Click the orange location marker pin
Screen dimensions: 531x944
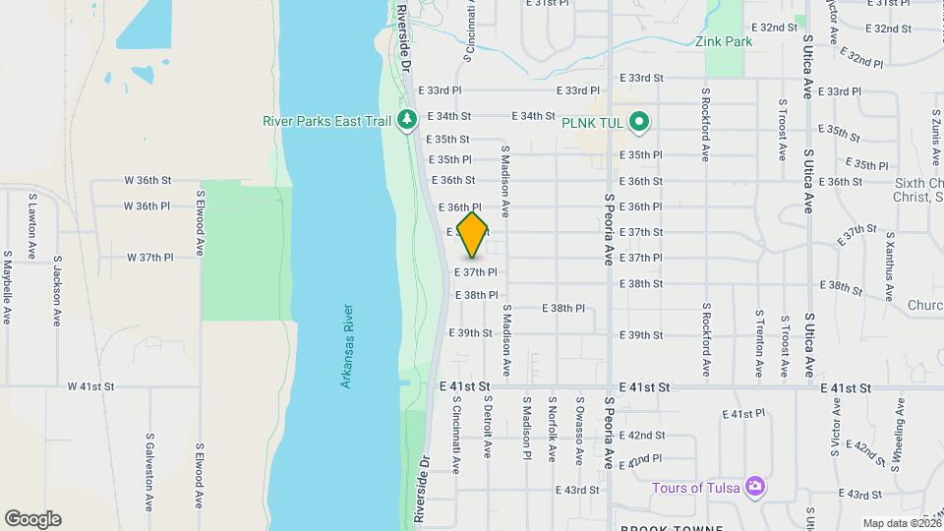(473, 234)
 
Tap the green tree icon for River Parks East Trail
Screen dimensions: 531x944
(407, 120)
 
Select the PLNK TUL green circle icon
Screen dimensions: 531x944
(639, 122)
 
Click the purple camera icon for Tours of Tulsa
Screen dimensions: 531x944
(754, 487)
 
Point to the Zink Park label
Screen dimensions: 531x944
(723, 42)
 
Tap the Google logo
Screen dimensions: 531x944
(32, 519)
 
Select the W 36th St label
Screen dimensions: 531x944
(148, 181)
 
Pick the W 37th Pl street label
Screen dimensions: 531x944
(149, 258)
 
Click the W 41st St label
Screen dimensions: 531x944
(91, 387)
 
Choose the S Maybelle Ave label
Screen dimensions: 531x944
(8, 285)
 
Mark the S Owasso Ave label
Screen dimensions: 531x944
(579, 430)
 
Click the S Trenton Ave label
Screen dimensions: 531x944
(759, 343)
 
